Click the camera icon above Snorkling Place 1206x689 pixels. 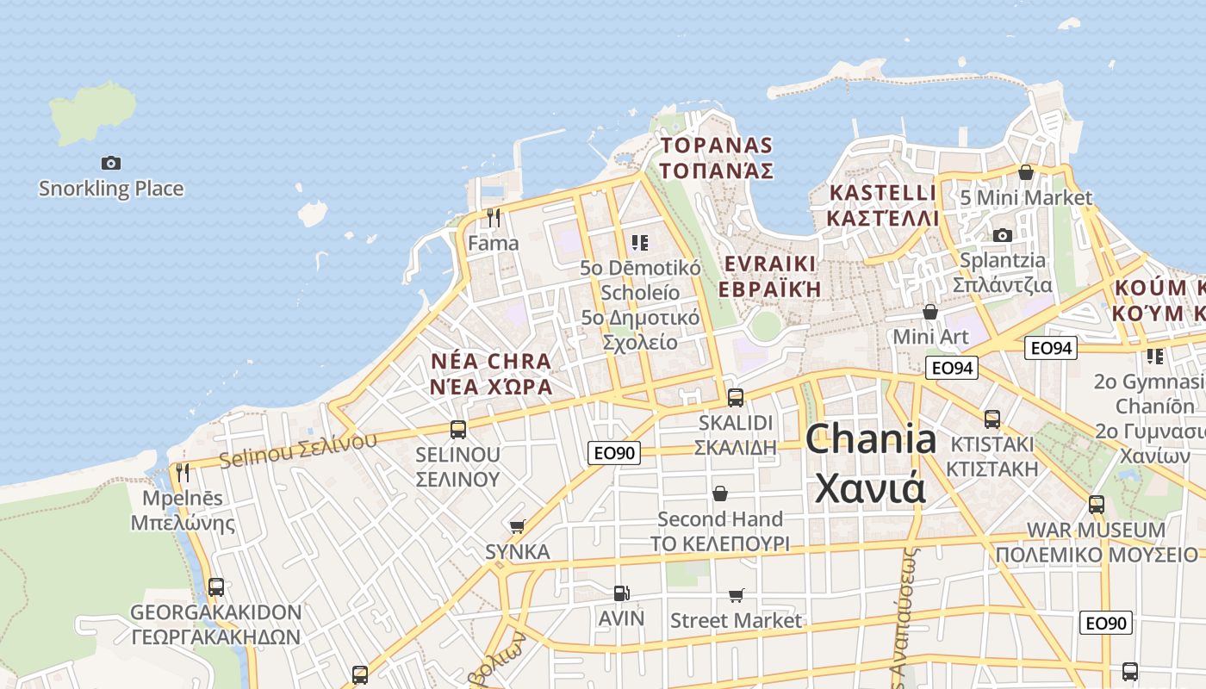pos(111,163)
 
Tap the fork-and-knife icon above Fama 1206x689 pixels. pos(494,217)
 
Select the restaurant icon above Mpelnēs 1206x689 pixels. pos(183,472)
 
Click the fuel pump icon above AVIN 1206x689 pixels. pos(621,593)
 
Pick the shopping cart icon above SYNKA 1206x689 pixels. pos(517,525)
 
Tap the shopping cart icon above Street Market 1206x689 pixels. pos(736,595)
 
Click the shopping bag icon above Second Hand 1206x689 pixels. pos(720,493)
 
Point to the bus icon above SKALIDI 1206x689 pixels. pos(735,397)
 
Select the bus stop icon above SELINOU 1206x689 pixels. pos(458,428)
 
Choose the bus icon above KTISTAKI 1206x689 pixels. pos(992,419)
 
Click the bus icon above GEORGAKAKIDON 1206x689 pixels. pos(216,587)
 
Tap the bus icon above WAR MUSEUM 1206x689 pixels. pos(1097,504)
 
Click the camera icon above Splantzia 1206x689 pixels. pos(1002,235)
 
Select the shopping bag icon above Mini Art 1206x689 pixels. pos(930,311)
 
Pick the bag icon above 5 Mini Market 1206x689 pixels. pos(1026,172)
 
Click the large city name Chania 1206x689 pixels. pos(871,439)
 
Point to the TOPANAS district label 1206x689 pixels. pos(716,145)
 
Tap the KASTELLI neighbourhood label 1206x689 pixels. pos(882,192)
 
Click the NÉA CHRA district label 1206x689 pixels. pos(491,361)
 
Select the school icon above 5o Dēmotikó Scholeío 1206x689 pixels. pos(639,243)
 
